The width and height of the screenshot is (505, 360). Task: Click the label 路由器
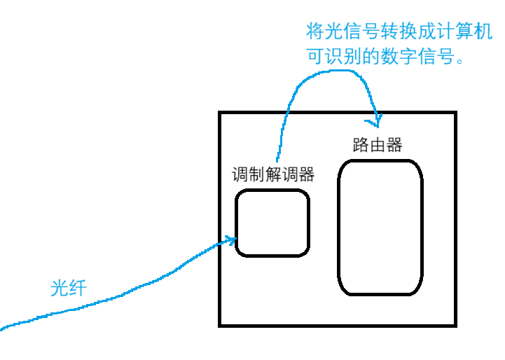tap(378, 145)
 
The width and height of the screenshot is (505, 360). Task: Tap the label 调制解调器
tap(273, 174)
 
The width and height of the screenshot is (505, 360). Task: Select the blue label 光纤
tap(68, 287)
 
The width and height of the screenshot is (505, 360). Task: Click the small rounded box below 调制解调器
tap(272, 223)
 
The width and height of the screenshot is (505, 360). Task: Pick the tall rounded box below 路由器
tap(381, 227)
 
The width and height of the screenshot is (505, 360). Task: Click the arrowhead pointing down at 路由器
tap(377, 120)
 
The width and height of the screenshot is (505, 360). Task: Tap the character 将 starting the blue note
tap(315, 32)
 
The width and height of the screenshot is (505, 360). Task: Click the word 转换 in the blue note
tap(389, 32)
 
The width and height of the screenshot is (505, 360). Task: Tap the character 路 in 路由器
tap(361, 145)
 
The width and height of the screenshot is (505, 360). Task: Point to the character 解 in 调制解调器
tap(273, 174)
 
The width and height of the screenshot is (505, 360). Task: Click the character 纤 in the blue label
tap(77, 287)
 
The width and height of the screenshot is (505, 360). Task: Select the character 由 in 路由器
tap(378, 145)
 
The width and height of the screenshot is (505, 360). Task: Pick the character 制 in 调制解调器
tap(256, 174)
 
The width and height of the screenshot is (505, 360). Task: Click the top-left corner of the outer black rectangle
tap(220, 113)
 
